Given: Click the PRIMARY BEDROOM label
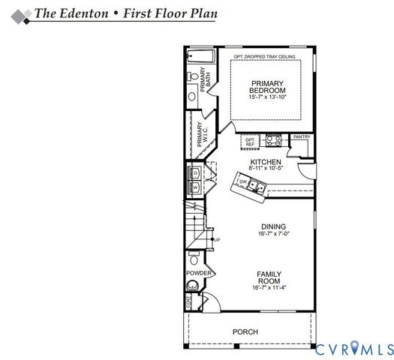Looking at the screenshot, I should (x=266, y=86).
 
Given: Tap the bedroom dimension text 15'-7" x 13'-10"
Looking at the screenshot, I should (x=266, y=97).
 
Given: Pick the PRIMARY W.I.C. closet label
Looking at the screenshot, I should (x=200, y=134).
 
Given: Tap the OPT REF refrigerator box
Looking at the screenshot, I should (x=251, y=140).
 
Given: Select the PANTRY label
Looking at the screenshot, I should (x=302, y=137).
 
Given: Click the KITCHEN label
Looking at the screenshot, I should (x=265, y=162).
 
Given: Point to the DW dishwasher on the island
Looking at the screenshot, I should (x=242, y=181).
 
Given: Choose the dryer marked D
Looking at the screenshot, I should (x=195, y=173).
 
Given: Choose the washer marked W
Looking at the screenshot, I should (x=195, y=187).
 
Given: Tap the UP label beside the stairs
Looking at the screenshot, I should (x=217, y=239).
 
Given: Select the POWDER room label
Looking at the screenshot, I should (x=198, y=273).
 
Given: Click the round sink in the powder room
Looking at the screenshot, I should (x=194, y=286).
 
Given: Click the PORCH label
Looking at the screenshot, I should (x=245, y=331).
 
